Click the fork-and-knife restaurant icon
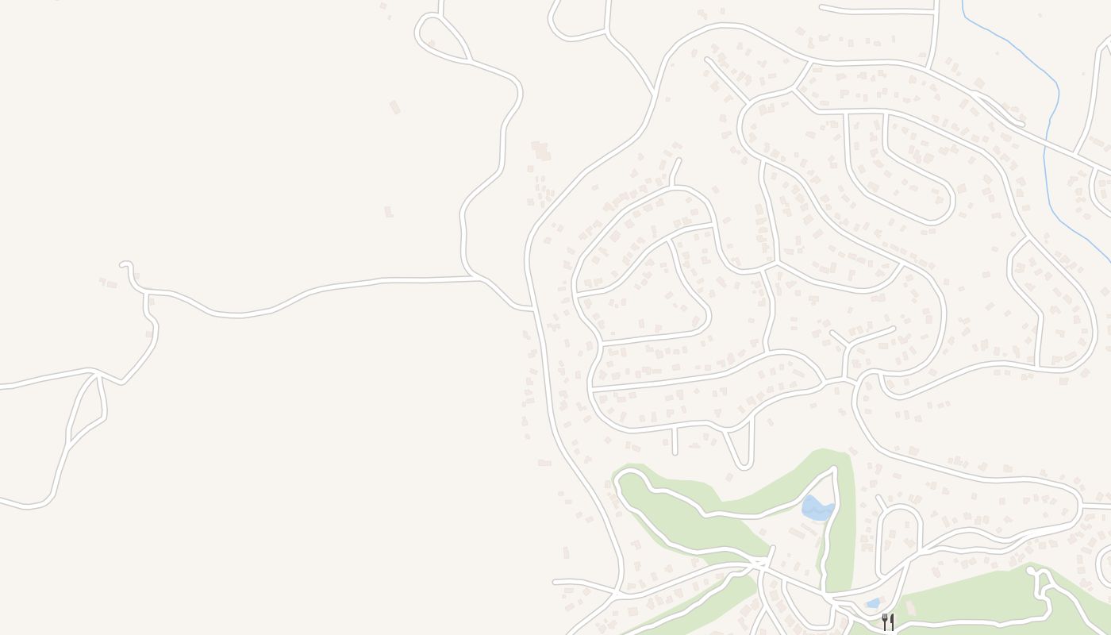(x=888, y=622)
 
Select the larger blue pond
(x=816, y=508)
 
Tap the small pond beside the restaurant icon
(x=873, y=603)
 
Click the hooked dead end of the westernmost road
(x=125, y=264)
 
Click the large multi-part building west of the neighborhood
(x=541, y=151)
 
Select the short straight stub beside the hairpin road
(x=675, y=441)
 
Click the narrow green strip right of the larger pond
(x=844, y=524)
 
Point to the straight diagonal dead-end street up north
(x=726, y=79)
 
